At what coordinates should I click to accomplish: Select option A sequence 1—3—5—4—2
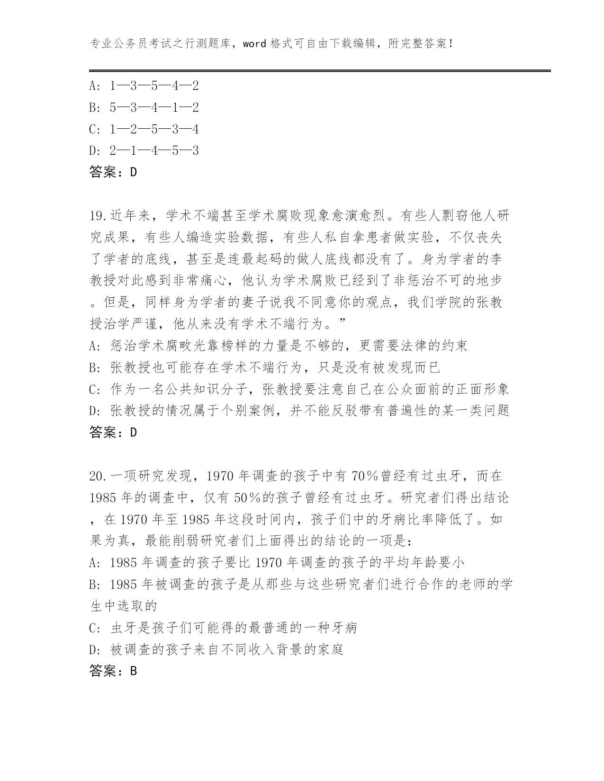[153, 86]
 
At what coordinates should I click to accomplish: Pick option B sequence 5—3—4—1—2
[153, 107]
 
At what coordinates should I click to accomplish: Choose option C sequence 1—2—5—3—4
[153, 129]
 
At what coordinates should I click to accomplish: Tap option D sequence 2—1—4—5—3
[153, 151]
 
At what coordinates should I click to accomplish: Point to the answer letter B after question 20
[133, 671]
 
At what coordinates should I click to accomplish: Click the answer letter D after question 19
[133, 433]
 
